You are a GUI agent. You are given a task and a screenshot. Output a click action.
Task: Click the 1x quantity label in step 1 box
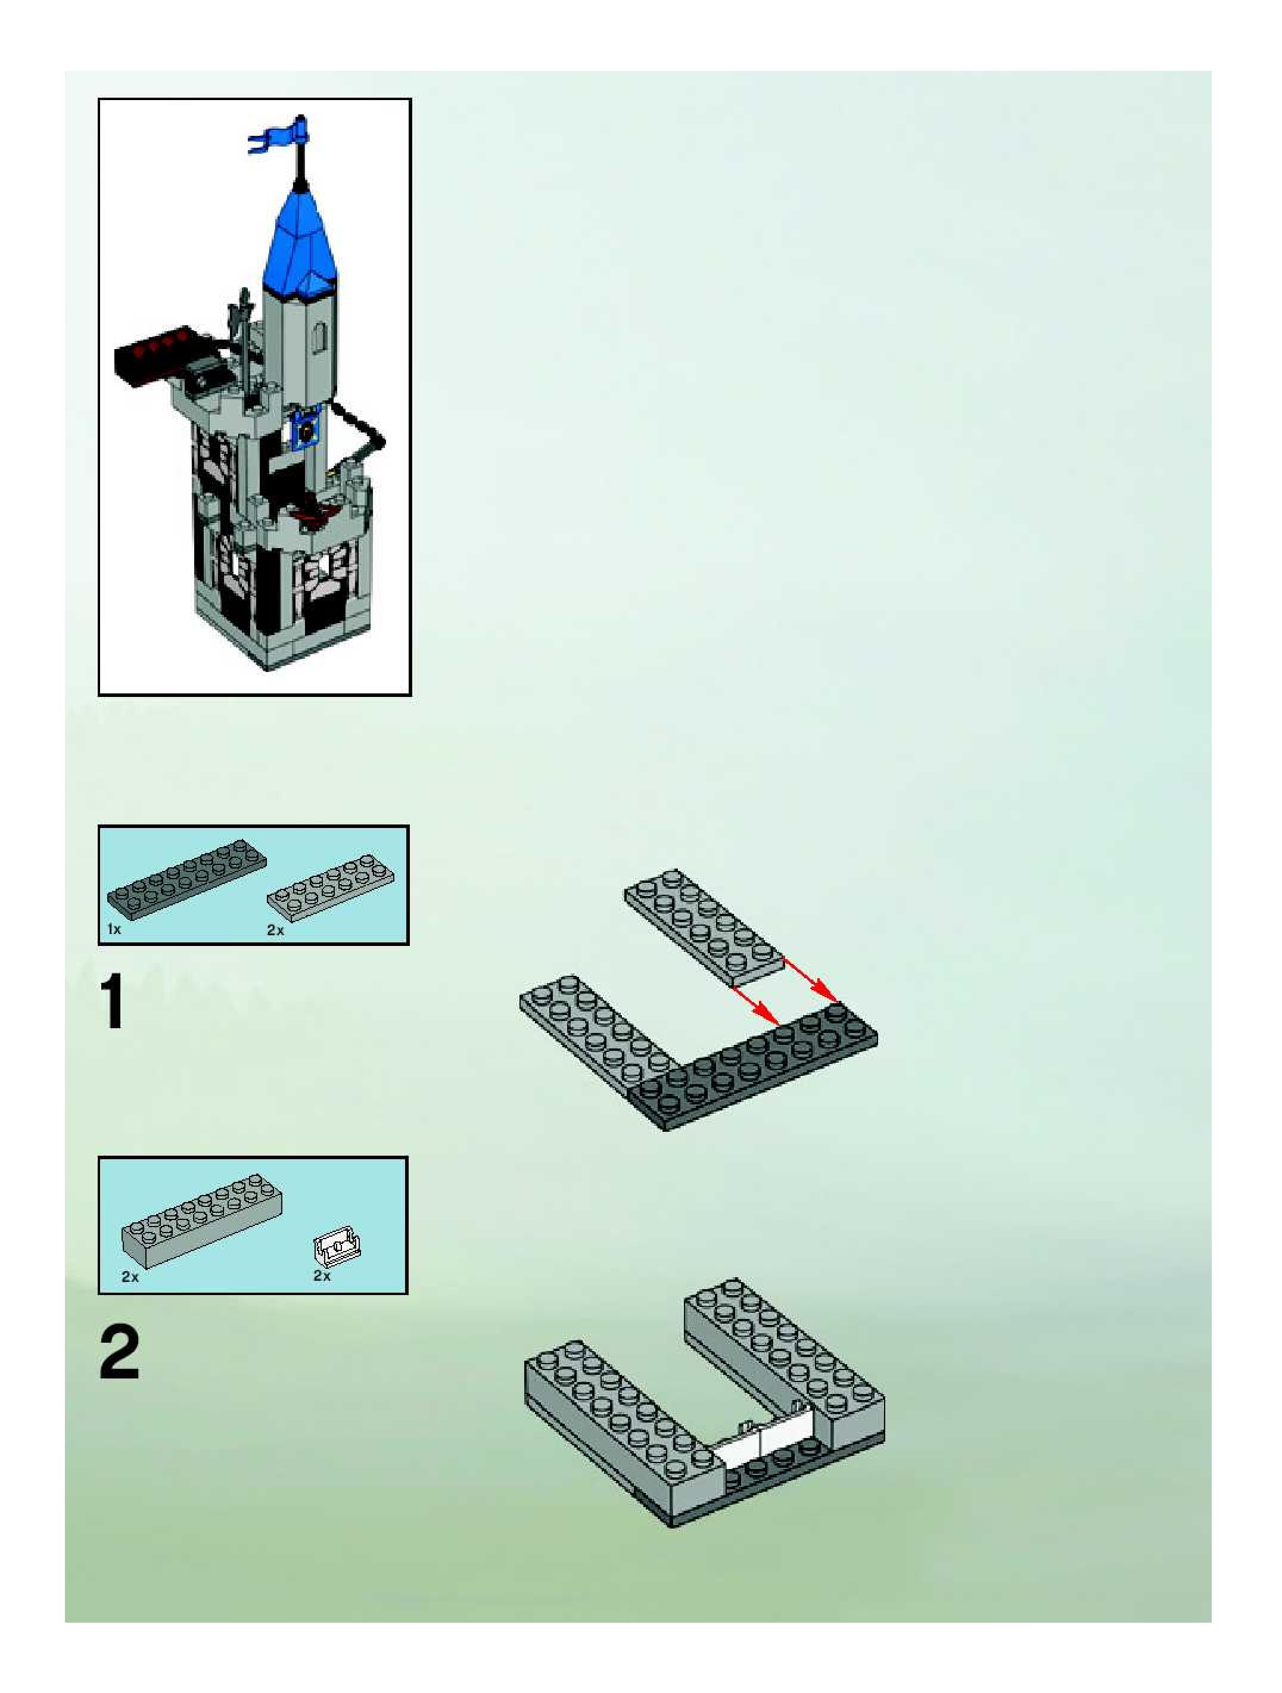[114, 929]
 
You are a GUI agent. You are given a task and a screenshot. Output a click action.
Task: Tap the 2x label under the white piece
[322, 1276]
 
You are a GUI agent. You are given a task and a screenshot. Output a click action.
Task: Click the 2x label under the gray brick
[130, 1276]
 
